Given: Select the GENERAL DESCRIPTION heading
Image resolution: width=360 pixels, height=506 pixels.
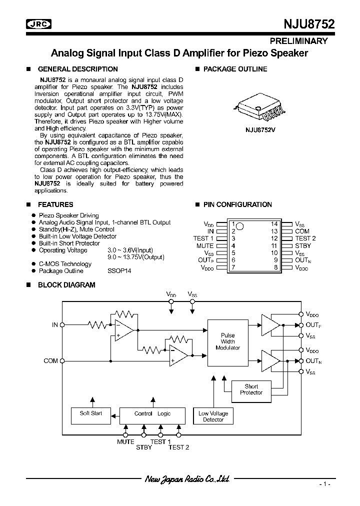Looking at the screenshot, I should pyautogui.click(x=77, y=69).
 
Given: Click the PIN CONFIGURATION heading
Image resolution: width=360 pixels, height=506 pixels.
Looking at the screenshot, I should pyautogui.click(x=237, y=204).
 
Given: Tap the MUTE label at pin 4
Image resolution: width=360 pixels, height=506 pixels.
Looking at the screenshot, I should pyautogui.click(x=205, y=245).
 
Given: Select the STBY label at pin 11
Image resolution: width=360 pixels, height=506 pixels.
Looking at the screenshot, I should pyautogui.click(x=303, y=245).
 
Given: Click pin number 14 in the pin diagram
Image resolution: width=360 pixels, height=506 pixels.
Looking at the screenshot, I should pyautogui.click(x=274, y=224).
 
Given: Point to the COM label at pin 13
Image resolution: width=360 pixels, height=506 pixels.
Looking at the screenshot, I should pyautogui.click(x=302, y=231).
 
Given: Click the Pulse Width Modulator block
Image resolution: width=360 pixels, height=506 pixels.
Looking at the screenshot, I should pyautogui.click(x=227, y=341).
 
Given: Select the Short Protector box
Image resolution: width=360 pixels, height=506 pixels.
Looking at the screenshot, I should pyautogui.click(x=251, y=389).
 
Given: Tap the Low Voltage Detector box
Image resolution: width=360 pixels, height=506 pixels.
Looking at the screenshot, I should pyautogui.click(x=213, y=416).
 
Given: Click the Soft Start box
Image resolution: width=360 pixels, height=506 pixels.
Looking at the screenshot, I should pyautogui.click(x=91, y=413).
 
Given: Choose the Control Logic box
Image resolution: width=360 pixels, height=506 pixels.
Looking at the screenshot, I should pyautogui.click(x=152, y=413).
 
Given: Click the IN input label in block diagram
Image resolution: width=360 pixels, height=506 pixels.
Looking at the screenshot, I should pyautogui.click(x=55, y=324).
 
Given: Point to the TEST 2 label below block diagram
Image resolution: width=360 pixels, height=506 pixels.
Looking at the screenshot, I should pyautogui.click(x=178, y=447).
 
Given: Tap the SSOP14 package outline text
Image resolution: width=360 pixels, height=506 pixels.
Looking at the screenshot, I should pyautogui.click(x=118, y=271).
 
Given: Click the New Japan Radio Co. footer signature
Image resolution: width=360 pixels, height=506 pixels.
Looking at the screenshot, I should pyautogui.click(x=187, y=479).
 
